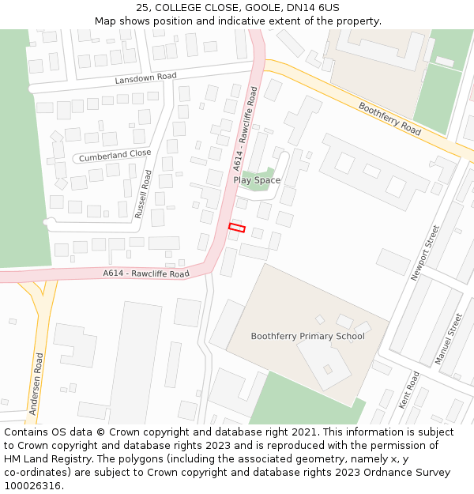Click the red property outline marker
(237, 228)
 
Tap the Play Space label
(257, 180)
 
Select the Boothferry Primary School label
(307, 336)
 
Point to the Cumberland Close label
(115, 156)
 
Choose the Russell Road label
(143, 194)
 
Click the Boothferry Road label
(389, 119)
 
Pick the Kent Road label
(409, 390)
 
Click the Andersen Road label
(36, 384)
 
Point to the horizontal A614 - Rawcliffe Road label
(146, 273)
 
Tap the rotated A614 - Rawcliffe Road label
(245, 129)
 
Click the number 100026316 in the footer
(32, 485)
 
